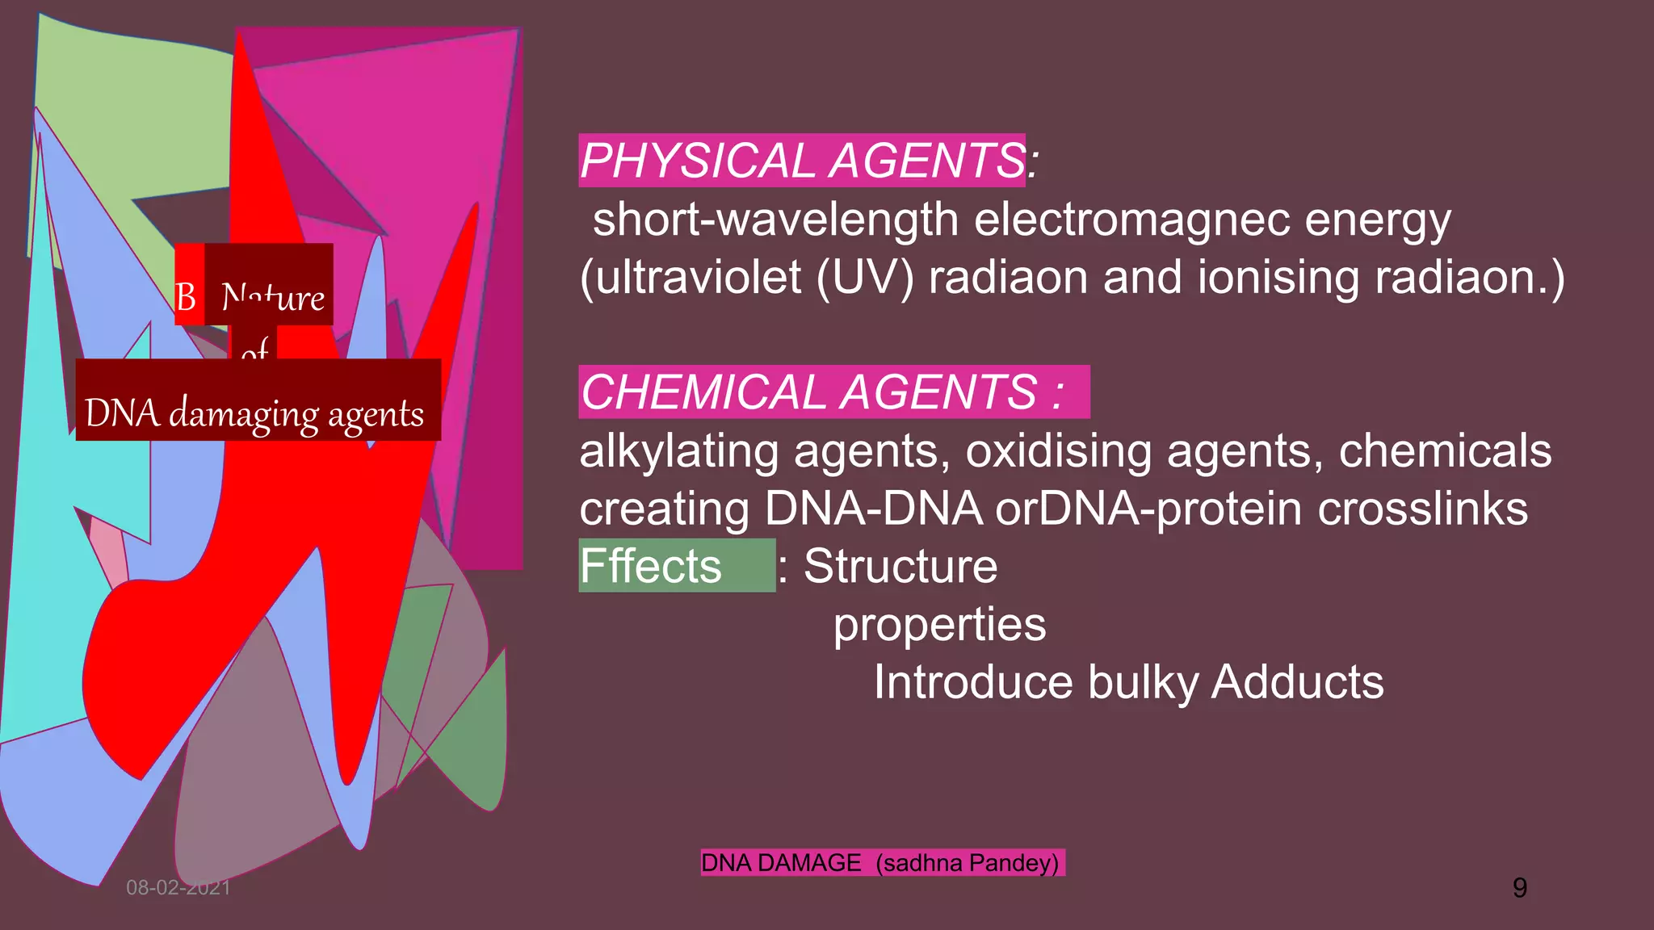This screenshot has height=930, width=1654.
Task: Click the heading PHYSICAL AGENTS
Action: [803, 161]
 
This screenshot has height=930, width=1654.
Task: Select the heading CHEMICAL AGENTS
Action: [821, 392]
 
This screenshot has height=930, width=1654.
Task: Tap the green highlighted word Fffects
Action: [651, 566]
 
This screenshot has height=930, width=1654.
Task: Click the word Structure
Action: [900, 566]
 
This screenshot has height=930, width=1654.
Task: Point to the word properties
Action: [939, 624]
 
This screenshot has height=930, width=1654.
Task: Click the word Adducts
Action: [1297, 682]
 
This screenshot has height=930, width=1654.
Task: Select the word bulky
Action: [1143, 682]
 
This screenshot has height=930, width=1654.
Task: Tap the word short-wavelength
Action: [775, 220]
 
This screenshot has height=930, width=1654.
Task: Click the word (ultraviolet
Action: [691, 277]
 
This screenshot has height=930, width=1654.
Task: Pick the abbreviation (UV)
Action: [865, 277]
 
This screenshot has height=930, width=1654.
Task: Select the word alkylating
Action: [679, 450]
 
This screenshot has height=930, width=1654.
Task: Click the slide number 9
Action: [1519, 888]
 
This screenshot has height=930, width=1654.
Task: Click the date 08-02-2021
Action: [178, 888]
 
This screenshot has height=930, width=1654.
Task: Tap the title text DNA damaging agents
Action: [254, 413]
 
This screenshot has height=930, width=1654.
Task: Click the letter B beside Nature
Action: [186, 297]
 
